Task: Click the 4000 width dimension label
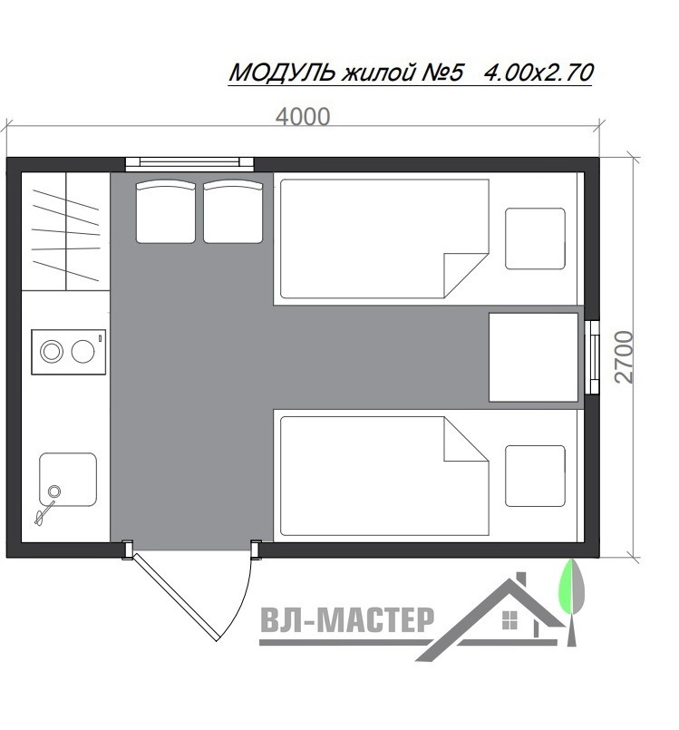(303, 117)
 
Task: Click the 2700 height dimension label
(624, 357)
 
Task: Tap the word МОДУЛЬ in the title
(283, 73)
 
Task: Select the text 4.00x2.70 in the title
(538, 73)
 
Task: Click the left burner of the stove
(51, 352)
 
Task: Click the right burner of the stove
(82, 352)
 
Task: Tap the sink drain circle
(54, 492)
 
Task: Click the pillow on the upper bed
(535, 238)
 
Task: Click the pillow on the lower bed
(535, 476)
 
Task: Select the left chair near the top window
(166, 212)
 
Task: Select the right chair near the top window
(233, 212)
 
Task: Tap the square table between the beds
(533, 357)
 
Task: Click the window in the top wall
(189, 162)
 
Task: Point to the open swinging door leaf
(175, 597)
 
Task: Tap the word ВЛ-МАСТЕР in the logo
(347, 619)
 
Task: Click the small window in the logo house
(510, 620)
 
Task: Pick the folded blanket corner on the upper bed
(465, 275)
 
